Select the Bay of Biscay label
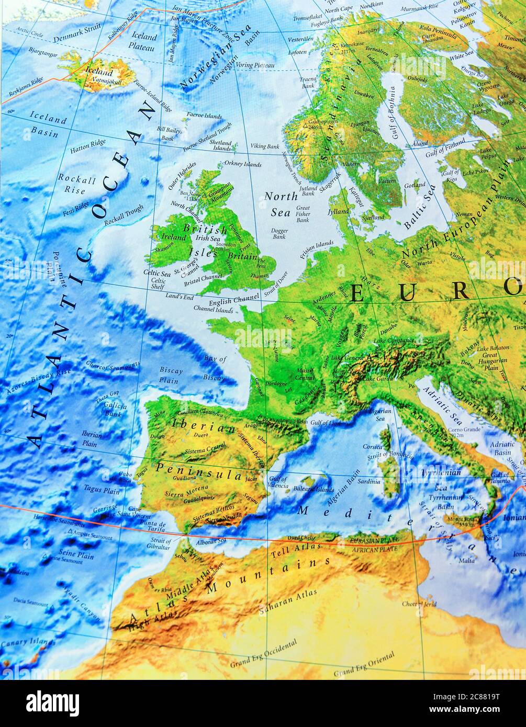pos(215,368)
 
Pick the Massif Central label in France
pos(305,374)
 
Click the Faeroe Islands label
pos(204,116)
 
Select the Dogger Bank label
pos(279,233)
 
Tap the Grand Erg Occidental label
pos(263,654)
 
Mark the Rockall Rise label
pos(77,185)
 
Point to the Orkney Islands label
pos(242,164)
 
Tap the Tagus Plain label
pos(102,490)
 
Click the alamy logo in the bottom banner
pos(52,701)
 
